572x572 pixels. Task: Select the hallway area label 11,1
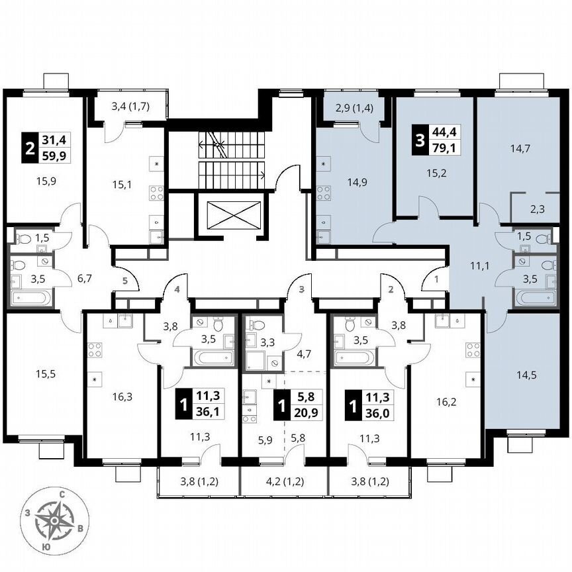[x=469, y=266]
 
